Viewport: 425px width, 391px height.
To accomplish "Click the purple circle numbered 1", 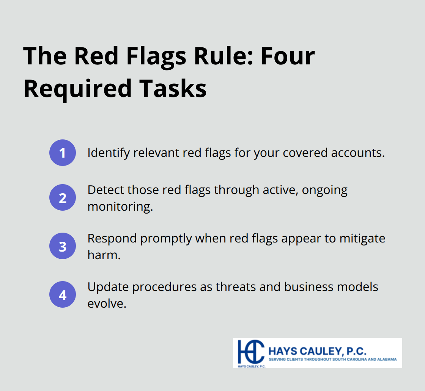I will pos(63,153).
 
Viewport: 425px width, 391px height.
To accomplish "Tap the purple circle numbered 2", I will pos(63,197).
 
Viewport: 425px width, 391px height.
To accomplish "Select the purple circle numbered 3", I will pos(63,246).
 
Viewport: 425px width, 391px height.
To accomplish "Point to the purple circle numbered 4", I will pos(63,294).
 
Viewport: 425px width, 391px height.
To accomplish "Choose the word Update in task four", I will pos(108,287).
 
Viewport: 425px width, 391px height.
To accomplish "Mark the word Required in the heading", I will pos(76,89).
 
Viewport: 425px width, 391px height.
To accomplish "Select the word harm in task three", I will pos(104,255).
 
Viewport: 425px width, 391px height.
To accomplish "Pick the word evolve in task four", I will pos(107,303).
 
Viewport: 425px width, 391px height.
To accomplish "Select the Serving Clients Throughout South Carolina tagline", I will pos(332,359).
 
